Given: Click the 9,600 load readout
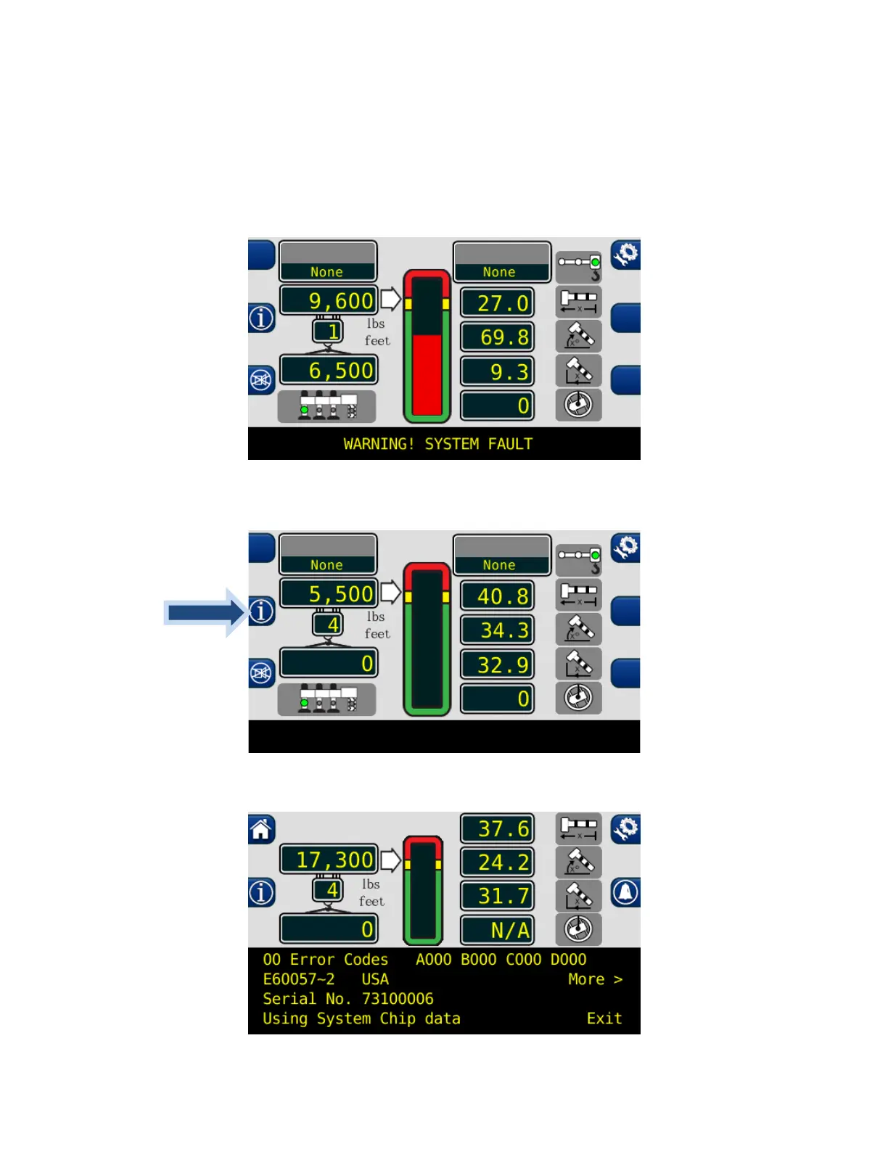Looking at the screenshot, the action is click(x=329, y=300).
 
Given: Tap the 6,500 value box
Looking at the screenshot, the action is click(x=329, y=370).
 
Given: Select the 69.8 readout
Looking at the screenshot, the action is click(x=498, y=337).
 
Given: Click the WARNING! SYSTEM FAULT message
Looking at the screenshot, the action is click(x=438, y=444).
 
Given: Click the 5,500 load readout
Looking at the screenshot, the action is click(x=329, y=593).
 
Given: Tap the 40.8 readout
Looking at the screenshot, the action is click(x=498, y=596).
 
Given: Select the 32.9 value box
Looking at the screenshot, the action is click(x=498, y=664).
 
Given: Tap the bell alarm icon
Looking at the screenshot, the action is click(x=625, y=892).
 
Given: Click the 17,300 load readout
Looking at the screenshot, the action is click(x=329, y=860).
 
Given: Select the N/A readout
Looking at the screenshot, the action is click(x=498, y=930).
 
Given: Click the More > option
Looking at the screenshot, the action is click(x=595, y=979).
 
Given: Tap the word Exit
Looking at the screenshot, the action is click(x=604, y=1018).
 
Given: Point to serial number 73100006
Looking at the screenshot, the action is click(x=398, y=999).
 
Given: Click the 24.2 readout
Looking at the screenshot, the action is click(x=498, y=862).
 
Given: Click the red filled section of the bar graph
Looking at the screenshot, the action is click(x=427, y=374).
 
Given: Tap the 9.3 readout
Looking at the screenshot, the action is click(x=498, y=371).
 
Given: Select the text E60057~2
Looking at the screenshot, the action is click(x=299, y=979).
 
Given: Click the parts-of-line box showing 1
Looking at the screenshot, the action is click(x=329, y=331).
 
